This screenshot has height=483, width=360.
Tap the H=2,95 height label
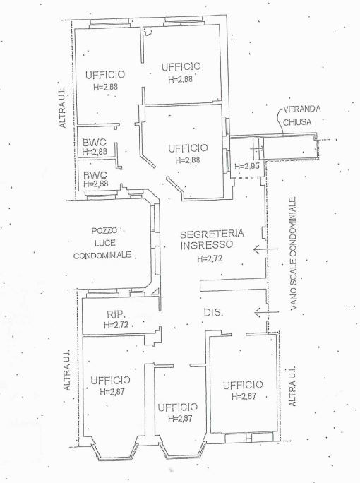coord(247,166)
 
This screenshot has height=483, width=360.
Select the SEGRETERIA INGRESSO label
coord(212,239)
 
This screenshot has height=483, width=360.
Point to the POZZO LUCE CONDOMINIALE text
coord(102,243)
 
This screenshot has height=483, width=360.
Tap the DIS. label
coord(213,312)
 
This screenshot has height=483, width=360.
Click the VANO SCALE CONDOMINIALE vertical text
coord(293,253)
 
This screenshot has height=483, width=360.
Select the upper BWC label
coord(95,143)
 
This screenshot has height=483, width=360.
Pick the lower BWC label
coord(95,176)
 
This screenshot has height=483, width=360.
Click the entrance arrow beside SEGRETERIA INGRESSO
coord(265,249)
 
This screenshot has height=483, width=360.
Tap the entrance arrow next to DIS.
coord(267,312)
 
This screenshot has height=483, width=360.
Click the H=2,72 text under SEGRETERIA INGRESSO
coord(210,258)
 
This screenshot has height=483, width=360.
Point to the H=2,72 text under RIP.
coord(116,325)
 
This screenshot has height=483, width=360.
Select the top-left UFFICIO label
coord(105,75)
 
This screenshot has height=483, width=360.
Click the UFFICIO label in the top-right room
coord(181,66)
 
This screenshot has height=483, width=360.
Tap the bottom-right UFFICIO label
coord(243,385)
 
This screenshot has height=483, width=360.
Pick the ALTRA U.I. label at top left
coord(62,107)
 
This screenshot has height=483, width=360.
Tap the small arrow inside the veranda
coord(256,148)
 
